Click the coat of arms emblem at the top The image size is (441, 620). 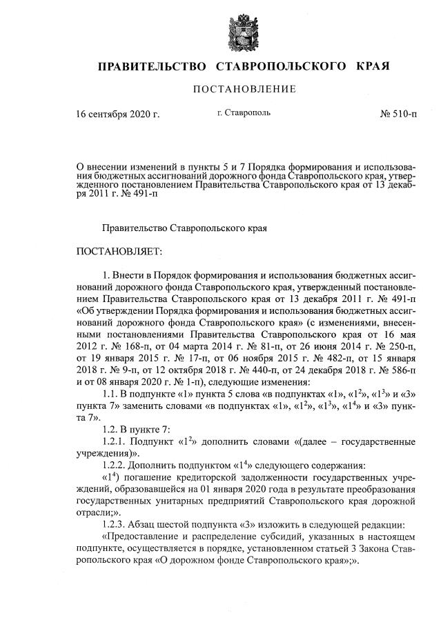pos(244,28)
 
